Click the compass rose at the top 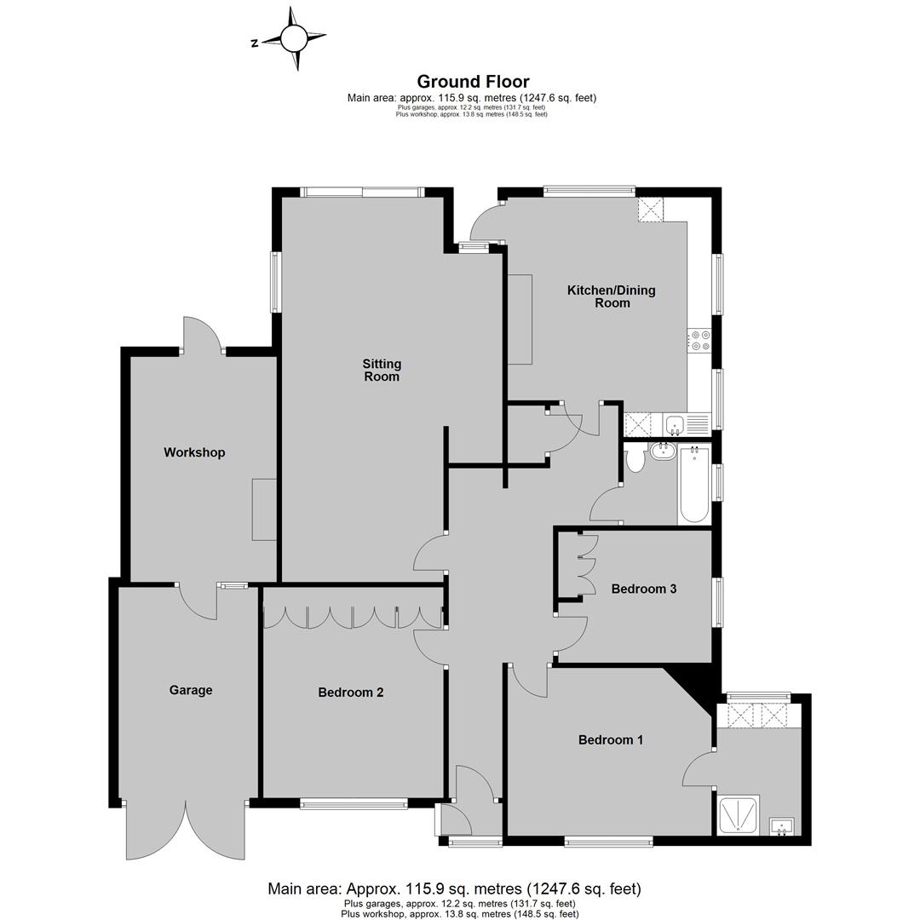coord(294,38)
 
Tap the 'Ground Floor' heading coord(473,82)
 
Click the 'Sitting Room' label coord(382,371)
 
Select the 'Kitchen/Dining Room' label coord(612,296)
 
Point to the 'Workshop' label coord(194,452)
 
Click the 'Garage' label coord(191,690)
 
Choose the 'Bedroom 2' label coord(351,693)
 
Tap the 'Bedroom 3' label coord(644,589)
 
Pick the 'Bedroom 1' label coord(611,740)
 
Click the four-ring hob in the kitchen coord(699,340)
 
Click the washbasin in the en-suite coord(781,826)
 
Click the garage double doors coord(186,830)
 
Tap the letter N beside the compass coord(255,43)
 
